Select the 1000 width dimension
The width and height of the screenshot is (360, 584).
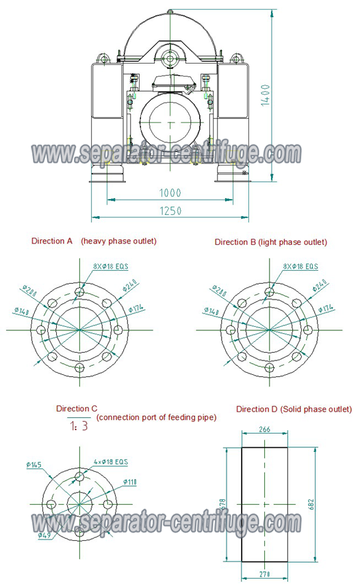point(170,194)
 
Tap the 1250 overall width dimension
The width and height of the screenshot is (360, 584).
point(170,211)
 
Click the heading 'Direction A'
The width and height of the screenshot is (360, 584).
point(52,241)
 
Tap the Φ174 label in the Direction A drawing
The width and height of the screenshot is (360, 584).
point(135,308)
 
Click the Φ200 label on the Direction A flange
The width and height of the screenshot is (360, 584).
point(29,291)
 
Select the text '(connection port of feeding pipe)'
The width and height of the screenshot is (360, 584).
point(156,417)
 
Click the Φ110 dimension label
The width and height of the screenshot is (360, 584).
point(130,482)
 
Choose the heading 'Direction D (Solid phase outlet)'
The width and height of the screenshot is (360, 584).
point(294,409)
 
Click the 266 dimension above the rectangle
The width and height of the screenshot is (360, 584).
point(266,430)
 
